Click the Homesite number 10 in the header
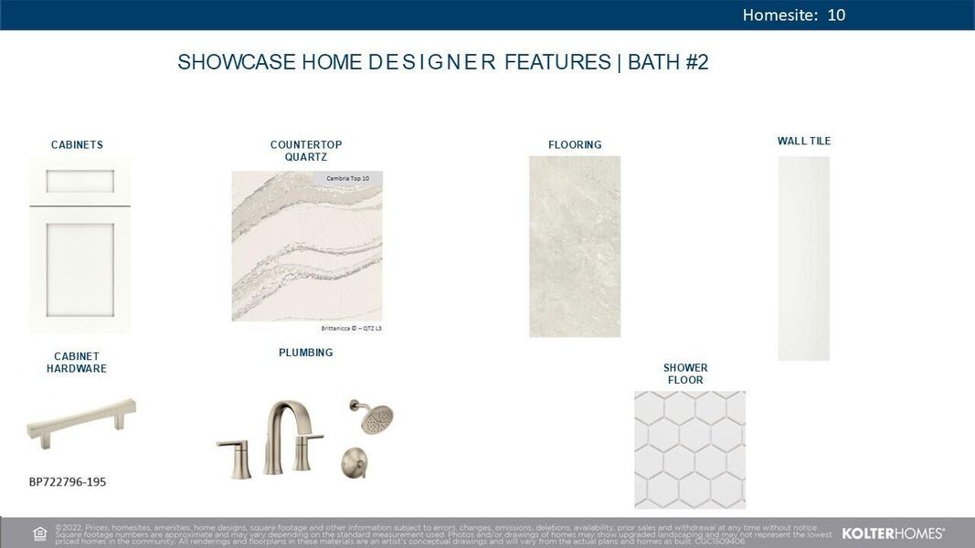836,15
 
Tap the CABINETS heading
77,144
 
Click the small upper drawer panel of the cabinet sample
79,181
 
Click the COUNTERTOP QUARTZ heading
306,151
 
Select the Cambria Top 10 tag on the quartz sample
347,178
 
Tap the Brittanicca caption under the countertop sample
351,328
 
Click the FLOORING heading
575,144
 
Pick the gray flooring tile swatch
575,247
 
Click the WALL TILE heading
804,141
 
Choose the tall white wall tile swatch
804,258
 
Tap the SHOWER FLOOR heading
685,374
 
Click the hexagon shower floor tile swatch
690,449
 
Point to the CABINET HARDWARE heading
77,363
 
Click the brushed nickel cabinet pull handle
81,421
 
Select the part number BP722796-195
68,481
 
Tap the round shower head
372,417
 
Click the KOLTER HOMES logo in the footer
893,532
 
